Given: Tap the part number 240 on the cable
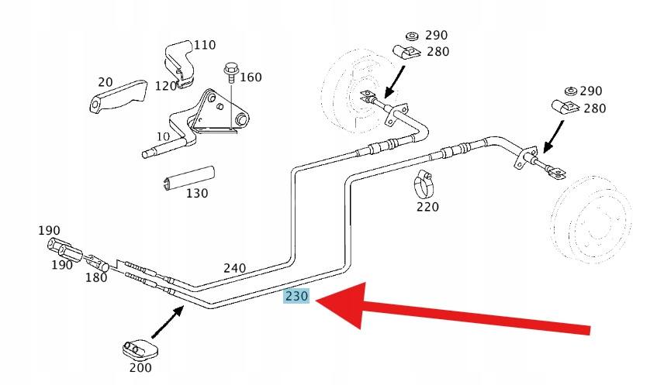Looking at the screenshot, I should coord(235,268).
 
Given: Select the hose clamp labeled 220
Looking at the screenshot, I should coord(424,184).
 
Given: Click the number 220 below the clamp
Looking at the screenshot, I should coord(427,207).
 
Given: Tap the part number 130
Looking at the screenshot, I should coord(197,193).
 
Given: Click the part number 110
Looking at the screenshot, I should coord(205,45).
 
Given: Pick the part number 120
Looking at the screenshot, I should coord(166,85).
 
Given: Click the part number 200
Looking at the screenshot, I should coord(140,368).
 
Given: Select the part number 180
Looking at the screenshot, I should coord(97,277).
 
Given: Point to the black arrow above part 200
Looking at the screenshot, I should coord(168,321).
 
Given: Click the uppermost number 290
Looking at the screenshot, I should coord(437,35).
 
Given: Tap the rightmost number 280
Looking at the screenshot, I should coord(594,108).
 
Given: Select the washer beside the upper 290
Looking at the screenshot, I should coord(412,36).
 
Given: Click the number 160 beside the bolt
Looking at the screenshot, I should coord(251,77).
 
